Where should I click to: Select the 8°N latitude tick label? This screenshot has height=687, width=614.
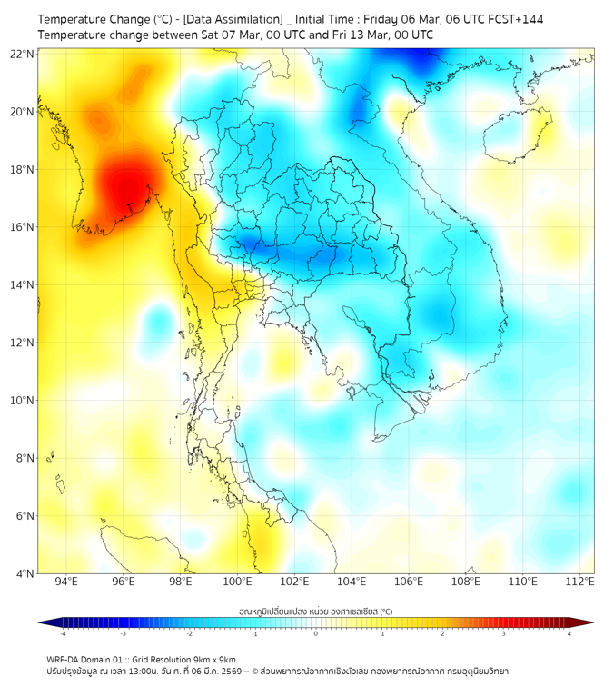tap(25, 458)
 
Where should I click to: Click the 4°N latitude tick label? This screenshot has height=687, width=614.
tap(25, 573)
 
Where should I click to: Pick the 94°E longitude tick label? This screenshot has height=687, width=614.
tap(66, 582)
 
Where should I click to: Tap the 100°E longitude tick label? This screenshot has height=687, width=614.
tap(237, 582)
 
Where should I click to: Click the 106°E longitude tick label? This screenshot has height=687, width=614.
tap(409, 582)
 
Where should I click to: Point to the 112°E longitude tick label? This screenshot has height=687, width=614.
tap(579, 582)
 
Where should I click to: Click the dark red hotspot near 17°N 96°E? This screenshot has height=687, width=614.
tap(125, 184)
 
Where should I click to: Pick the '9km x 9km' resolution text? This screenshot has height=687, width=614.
tap(210, 660)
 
